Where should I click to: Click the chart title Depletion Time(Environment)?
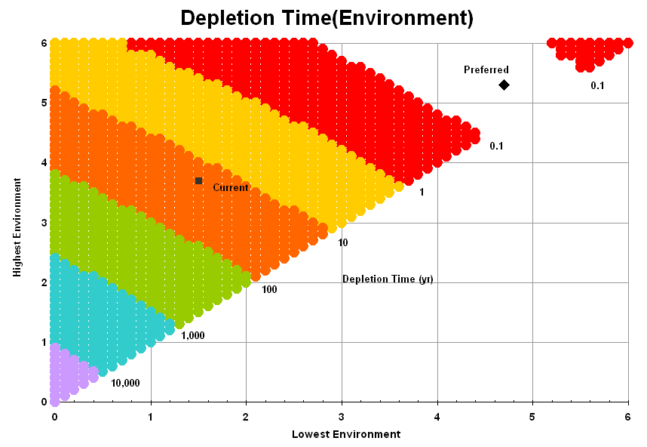pyautogui.click(x=327, y=17)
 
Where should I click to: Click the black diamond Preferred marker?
pyautogui.click(x=504, y=85)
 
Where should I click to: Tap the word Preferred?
pyautogui.click(x=486, y=70)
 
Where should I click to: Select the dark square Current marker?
pyautogui.click(x=198, y=180)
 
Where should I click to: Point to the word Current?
pyautogui.click(x=230, y=187)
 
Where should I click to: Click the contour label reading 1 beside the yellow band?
pyautogui.click(x=422, y=193)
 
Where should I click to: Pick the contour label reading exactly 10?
pyautogui.click(x=343, y=243)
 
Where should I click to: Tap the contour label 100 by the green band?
pyautogui.click(x=270, y=289)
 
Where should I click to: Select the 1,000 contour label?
pyautogui.click(x=193, y=335)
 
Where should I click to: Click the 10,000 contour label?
pyautogui.click(x=125, y=383)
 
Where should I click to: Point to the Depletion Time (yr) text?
pyautogui.click(x=388, y=279)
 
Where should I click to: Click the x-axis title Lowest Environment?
pyautogui.click(x=346, y=434)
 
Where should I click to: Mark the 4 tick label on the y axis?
pyautogui.click(x=44, y=162)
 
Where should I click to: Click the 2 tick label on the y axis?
pyautogui.click(x=44, y=282)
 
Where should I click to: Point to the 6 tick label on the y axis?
pyautogui.click(x=44, y=43)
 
